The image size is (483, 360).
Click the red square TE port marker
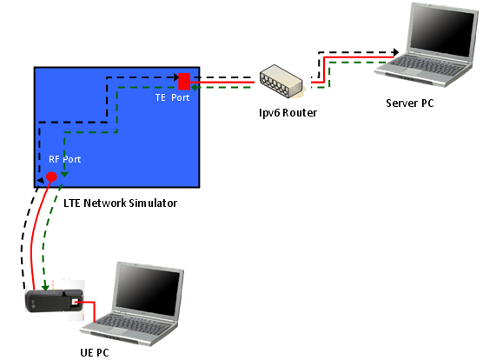pyautogui.click(x=184, y=81)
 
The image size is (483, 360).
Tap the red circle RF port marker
pyautogui.click(x=51, y=177)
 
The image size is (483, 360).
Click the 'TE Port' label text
pyautogui.click(x=172, y=97)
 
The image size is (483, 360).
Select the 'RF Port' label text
pyautogui.click(x=64, y=159)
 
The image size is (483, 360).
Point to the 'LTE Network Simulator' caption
pyautogui.click(x=120, y=203)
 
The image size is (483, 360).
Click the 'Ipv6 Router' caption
pyautogui.click(x=288, y=113)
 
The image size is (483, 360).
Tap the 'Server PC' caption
pyautogui.click(x=410, y=103)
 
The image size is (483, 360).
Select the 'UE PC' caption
pyautogui.click(x=95, y=352)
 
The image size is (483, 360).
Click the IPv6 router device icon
pyautogui.click(x=281, y=81)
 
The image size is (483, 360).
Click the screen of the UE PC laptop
pyautogui.click(x=147, y=290)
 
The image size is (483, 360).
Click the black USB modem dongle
pyautogui.click(x=55, y=301)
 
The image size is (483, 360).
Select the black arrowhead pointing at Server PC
pyautogui.click(x=396, y=52)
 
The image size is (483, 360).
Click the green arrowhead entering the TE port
pyautogui.click(x=194, y=88)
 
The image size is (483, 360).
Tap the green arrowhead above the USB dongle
pyautogui.click(x=45, y=287)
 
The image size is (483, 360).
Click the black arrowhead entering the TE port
pyautogui.click(x=175, y=77)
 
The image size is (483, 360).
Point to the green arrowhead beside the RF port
pyautogui.click(x=64, y=175)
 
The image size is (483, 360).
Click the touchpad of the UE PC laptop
pyautogui.click(x=116, y=331)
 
